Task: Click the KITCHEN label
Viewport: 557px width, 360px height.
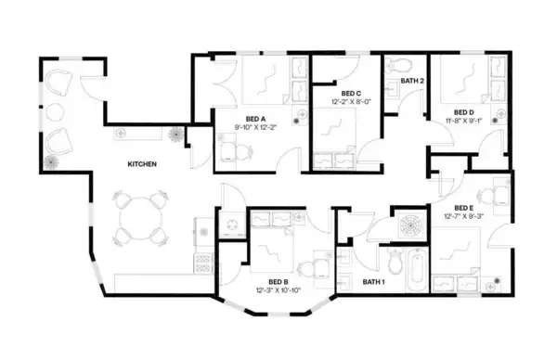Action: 141,164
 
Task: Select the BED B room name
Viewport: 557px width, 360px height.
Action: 278,282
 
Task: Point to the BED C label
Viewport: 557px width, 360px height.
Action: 350,93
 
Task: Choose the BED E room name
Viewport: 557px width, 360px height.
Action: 464,207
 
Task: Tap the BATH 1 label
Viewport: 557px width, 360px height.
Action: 373,282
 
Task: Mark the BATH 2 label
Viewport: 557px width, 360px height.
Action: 412,82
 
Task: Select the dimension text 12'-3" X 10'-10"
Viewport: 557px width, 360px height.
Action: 278,290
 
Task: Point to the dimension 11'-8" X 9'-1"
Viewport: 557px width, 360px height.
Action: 464,120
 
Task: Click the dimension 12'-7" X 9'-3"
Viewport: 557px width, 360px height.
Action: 464,216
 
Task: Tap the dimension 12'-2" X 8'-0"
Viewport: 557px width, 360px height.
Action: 350,102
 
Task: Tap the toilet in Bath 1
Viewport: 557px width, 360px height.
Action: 395,263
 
